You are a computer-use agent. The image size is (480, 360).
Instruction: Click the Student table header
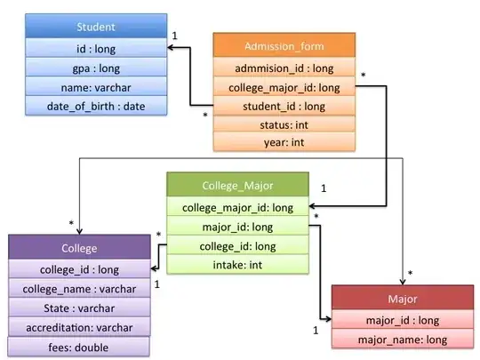pyautogui.click(x=95, y=27)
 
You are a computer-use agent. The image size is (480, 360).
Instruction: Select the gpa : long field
pyautogui.click(x=95, y=68)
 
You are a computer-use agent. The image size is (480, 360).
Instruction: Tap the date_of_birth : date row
pyautogui.click(x=95, y=107)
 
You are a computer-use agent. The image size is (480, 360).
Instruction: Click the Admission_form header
pyautogui.click(x=284, y=46)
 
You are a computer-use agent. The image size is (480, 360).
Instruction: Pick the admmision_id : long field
pyautogui.click(x=284, y=68)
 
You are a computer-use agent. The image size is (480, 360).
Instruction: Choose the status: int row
pyautogui.click(x=284, y=124)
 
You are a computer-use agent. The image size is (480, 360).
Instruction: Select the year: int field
pyautogui.click(x=284, y=142)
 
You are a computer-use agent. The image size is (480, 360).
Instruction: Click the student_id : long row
pyautogui.click(x=284, y=106)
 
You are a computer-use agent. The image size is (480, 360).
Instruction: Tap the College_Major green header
pyautogui.click(x=238, y=186)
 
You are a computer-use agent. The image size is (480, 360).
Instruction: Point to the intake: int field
pyautogui.click(x=238, y=265)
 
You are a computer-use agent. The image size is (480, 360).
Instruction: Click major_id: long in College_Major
pyautogui.click(x=238, y=227)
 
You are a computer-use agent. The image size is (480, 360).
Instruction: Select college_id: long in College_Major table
pyautogui.click(x=238, y=245)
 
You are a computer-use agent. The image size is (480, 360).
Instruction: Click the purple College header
pyautogui.click(x=79, y=247)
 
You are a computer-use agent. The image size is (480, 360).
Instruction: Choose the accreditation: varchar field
pyautogui.click(x=79, y=326)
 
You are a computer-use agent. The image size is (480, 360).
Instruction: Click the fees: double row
pyautogui.click(x=79, y=347)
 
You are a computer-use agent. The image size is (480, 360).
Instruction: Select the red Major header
pyautogui.click(x=402, y=298)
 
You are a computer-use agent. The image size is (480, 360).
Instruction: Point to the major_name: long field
pyautogui.click(x=402, y=339)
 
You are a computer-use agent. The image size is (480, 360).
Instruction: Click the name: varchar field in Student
pyautogui.click(x=95, y=87)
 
